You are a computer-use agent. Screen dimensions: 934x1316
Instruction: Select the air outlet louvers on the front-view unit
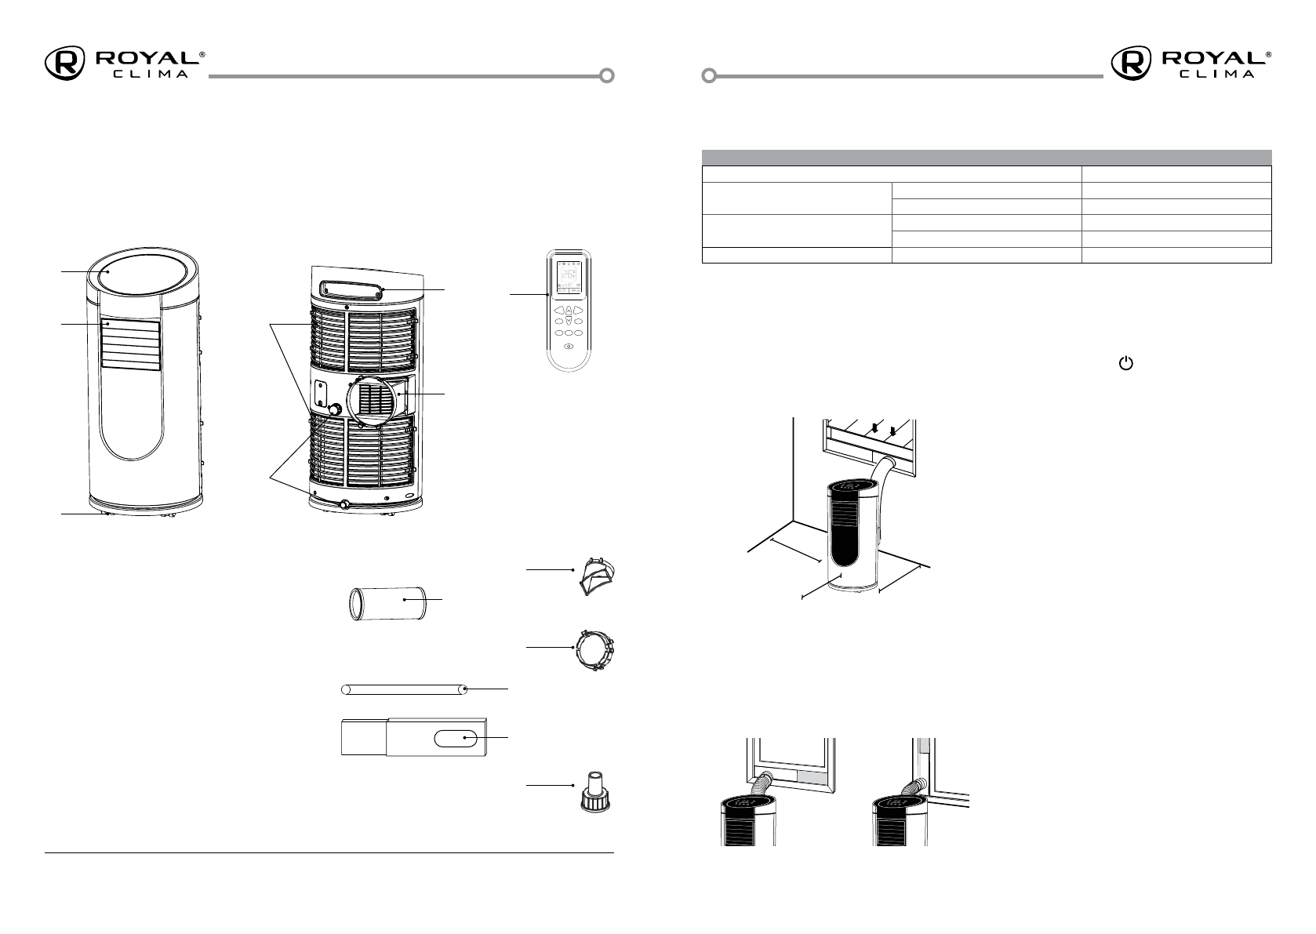coord(130,343)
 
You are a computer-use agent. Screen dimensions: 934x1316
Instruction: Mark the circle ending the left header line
coord(606,76)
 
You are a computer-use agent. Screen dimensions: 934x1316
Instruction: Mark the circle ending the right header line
coord(708,76)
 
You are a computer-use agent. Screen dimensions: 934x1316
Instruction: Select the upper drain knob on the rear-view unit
coord(335,409)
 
